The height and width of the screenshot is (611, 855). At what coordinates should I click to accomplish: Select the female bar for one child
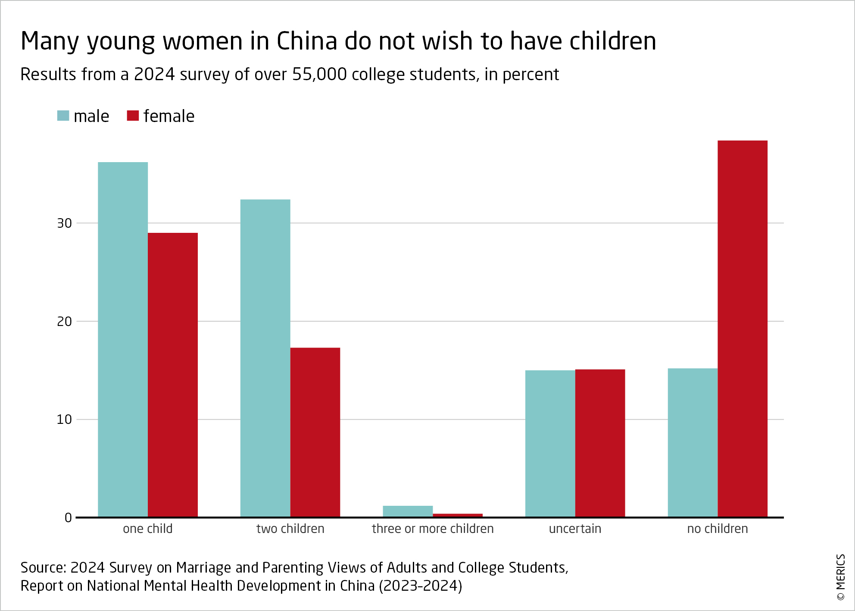(x=173, y=375)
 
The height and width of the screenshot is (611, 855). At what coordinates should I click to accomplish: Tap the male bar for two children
(x=265, y=358)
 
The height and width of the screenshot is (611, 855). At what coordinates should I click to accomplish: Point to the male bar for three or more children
(x=408, y=511)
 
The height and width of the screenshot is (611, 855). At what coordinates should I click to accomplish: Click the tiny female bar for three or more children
(x=458, y=515)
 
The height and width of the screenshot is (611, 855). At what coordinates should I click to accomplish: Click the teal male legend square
(x=63, y=116)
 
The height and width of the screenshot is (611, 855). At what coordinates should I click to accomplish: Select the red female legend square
(x=133, y=116)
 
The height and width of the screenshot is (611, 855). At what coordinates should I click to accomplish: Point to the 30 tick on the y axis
(x=65, y=223)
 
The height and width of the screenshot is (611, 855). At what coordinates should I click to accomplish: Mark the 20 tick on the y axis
(x=65, y=322)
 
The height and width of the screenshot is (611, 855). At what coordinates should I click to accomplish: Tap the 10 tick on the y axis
(x=65, y=420)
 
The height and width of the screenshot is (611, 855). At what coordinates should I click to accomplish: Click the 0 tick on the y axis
(x=68, y=518)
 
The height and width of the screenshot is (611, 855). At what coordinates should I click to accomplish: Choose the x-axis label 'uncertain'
(x=575, y=529)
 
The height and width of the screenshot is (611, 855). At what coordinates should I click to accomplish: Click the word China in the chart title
(x=306, y=41)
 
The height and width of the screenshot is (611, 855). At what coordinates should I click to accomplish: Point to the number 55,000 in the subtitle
(x=319, y=75)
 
